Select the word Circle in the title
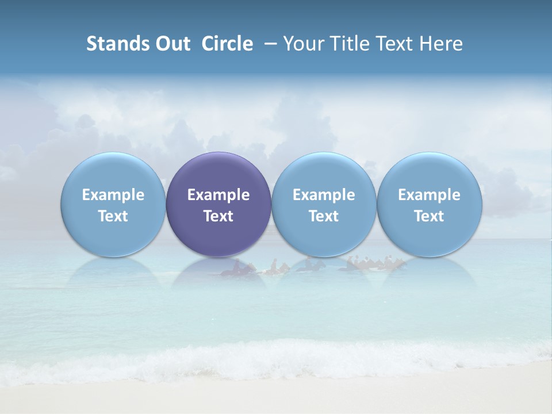[x=227, y=44]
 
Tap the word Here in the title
[x=442, y=44]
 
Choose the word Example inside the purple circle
[x=218, y=195]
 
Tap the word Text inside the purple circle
[x=218, y=216]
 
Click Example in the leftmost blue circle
[x=113, y=195]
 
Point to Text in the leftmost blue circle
[x=113, y=216]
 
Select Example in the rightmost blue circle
[x=429, y=195]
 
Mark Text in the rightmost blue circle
[x=429, y=216]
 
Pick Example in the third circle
[x=324, y=195]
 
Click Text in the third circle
[x=324, y=216]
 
